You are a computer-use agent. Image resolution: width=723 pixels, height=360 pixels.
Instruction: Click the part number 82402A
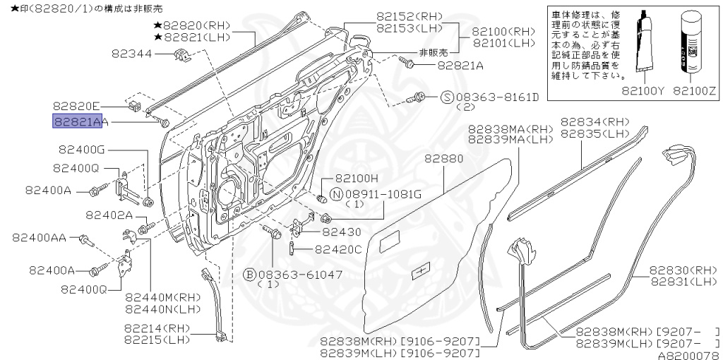pyautogui.click(x=109, y=215)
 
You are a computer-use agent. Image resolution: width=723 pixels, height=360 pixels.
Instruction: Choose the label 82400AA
pyautogui.click(x=39, y=238)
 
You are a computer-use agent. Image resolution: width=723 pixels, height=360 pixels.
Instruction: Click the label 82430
pyautogui.click(x=342, y=232)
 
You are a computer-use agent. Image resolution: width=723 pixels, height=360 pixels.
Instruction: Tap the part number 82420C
pyautogui.click(x=337, y=249)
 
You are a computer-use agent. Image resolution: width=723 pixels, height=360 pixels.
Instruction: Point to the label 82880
pyautogui.click(x=443, y=160)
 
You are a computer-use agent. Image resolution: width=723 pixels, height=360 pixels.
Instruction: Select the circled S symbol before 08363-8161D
pyautogui.click(x=447, y=97)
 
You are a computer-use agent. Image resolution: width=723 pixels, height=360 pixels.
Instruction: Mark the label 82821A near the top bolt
pyautogui.click(x=460, y=65)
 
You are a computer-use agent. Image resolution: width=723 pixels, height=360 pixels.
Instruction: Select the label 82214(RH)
pyautogui.click(x=155, y=328)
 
